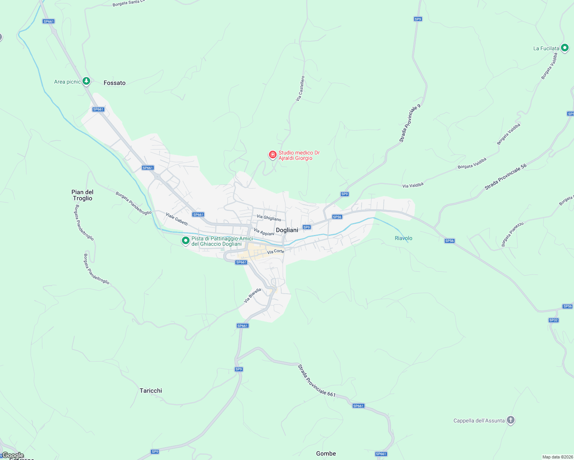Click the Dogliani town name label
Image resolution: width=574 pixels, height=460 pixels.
[287, 230]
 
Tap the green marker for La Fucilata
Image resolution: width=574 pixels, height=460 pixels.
[564, 48]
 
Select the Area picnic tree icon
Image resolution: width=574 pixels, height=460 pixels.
[86, 81]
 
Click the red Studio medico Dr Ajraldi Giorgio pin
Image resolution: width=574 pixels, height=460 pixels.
[272, 154]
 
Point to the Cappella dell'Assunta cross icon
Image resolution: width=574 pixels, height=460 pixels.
[510, 420]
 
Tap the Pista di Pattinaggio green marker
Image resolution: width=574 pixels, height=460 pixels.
[186, 241]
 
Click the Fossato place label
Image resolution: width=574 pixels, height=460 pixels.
[114, 83]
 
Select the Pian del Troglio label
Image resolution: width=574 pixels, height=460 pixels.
[82, 195]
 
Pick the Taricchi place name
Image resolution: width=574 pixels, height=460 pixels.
[151, 391]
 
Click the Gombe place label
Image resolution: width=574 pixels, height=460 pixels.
[326, 453]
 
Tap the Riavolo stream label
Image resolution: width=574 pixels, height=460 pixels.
[403, 238]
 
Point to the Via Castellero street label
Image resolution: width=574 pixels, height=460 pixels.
[300, 89]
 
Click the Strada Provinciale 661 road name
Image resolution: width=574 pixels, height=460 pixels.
[317, 381]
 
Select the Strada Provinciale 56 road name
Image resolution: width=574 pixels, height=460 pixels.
[505, 177]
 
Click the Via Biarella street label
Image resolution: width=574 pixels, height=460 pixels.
[252, 296]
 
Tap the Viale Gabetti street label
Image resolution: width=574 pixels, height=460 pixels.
[177, 219]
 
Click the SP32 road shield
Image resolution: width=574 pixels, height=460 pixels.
[553, 320]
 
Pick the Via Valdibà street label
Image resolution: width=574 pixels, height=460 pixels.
[413, 186]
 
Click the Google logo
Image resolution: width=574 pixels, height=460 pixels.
[13, 455]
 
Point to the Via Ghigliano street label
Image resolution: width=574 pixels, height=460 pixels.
[269, 218]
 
